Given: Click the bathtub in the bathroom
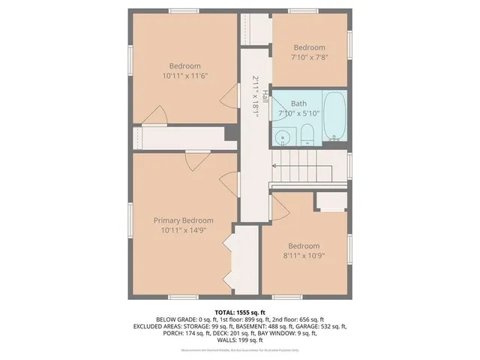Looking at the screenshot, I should point(334,116).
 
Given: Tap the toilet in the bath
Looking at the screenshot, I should point(306,136).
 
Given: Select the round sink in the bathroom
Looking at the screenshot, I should point(281,137).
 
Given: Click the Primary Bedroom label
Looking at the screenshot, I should point(184,220).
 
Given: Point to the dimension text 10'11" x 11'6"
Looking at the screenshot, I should point(184,76).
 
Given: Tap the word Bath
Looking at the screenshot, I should point(298,103).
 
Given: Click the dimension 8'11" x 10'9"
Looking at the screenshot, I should point(303,255).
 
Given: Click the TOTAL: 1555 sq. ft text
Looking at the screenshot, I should point(240,310).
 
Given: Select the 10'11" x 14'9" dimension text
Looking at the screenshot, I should point(184,230).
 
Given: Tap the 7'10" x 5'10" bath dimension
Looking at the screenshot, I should point(298,113).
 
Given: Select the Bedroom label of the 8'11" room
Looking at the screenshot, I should point(303,245).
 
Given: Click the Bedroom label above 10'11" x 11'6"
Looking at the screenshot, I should point(184,66).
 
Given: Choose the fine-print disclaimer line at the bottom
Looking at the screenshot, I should point(240,349).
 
